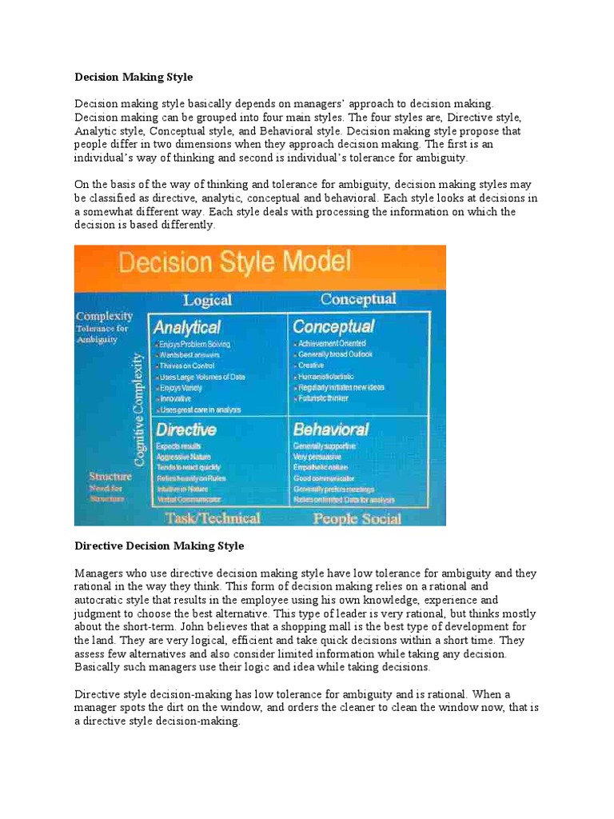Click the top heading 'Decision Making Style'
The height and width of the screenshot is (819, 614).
click(134, 78)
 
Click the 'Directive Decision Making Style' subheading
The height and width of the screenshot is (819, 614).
click(159, 546)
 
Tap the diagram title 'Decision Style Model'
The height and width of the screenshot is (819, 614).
click(235, 262)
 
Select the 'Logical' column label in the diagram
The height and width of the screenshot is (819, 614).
click(207, 301)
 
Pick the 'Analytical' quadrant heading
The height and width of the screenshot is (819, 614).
click(187, 327)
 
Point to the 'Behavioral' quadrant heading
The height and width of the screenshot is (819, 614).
click(330, 429)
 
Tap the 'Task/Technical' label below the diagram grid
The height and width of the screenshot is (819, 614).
click(212, 517)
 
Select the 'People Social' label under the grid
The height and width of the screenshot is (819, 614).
click(357, 518)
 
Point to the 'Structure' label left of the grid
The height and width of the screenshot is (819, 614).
click(110, 477)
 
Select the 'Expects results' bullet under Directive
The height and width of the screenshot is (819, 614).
click(178, 445)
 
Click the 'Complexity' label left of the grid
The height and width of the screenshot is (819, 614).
click(104, 317)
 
